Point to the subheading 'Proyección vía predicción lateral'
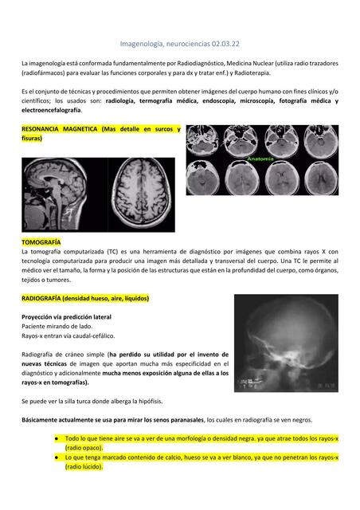click(66, 316)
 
